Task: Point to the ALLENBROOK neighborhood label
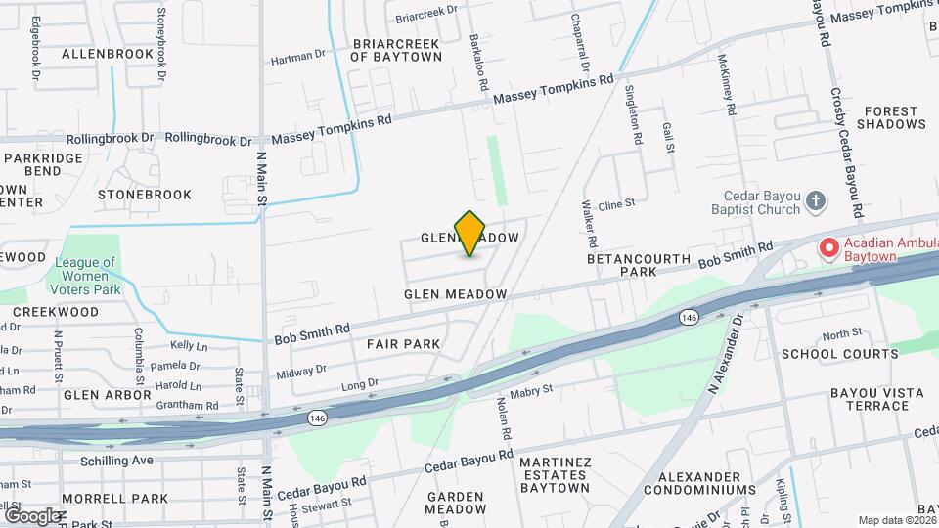(x=107, y=54)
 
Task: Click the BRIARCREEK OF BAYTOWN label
(x=396, y=50)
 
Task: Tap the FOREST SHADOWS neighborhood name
(x=890, y=117)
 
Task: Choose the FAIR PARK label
(x=404, y=344)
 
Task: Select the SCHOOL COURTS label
(x=839, y=354)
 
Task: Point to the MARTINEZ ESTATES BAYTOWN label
(x=555, y=474)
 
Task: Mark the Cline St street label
(x=617, y=204)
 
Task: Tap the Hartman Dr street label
(x=297, y=58)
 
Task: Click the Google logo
(x=32, y=515)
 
